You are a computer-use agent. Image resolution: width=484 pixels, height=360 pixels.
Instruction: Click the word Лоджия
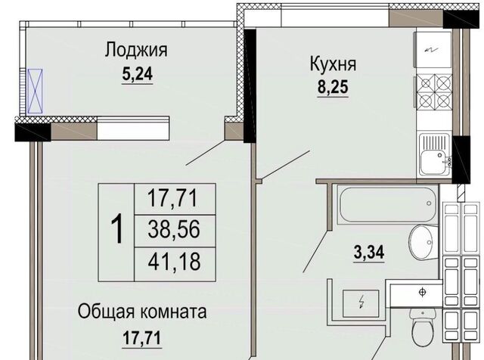pyautogui.click(x=136, y=50)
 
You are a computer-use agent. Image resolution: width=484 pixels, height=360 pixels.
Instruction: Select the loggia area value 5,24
pyautogui.click(x=138, y=74)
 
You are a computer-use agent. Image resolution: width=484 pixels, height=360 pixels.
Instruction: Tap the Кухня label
pyautogui.click(x=333, y=64)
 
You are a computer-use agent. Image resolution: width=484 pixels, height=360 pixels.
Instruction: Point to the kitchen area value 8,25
pyautogui.click(x=333, y=87)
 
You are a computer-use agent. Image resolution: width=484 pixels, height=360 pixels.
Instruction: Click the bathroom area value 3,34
pyautogui.click(x=369, y=253)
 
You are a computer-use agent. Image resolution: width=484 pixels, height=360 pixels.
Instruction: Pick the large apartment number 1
pyautogui.click(x=117, y=230)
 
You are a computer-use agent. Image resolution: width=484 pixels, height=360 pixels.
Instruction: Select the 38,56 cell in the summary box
pyautogui.click(x=174, y=230)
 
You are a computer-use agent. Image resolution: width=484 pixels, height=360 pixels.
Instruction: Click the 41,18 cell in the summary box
pyautogui.click(x=174, y=261)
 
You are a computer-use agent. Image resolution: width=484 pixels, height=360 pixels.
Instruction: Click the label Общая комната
pyautogui.click(x=142, y=312)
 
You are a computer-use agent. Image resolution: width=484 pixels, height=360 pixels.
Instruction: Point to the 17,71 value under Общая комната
pyautogui.click(x=141, y=338)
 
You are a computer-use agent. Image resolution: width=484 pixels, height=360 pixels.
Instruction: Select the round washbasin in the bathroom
pyautogui.click(x=423, y=241)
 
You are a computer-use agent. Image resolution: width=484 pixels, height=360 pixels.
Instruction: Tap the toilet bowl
pyautogui.click(x=423, y=329)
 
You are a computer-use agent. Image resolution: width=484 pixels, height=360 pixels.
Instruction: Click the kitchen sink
pyautogui.click(x=434, y=154)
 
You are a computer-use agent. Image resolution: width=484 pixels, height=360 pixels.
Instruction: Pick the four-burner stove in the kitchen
pyautogui.click(x=434, y=92)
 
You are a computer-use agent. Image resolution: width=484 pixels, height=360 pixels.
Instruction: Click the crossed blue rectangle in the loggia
pyautogui.click(x=35, y=91)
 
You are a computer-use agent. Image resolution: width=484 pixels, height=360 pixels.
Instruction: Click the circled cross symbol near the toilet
pyautogui.click(x=422, y=292)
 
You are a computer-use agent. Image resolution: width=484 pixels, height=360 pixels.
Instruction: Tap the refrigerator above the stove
pyautogui.click(x=434, y=49)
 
